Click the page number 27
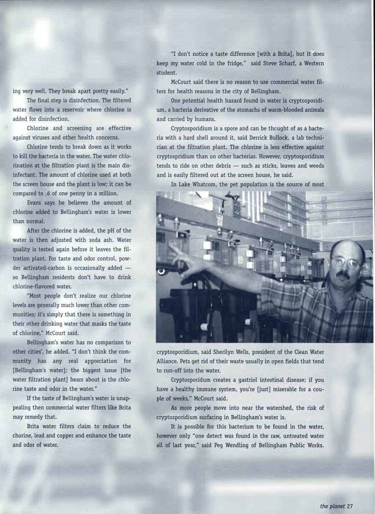350,506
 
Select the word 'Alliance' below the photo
167,361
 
